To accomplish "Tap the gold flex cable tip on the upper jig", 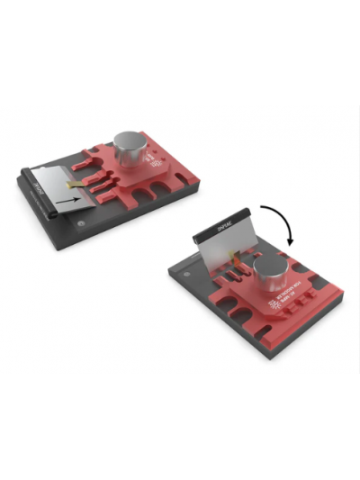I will tap(79, 184).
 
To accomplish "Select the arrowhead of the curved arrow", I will tap(289, 240).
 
